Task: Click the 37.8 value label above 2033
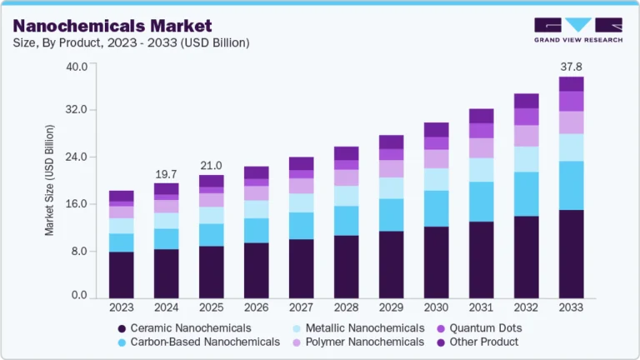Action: coord(571,66)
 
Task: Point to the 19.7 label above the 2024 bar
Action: coord(166,173)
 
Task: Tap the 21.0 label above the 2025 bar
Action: coord(212,165)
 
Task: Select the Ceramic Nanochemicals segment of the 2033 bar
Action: coord(571,253)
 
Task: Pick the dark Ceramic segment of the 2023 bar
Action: coord(122,274)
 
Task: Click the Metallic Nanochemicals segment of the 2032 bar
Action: coord(526,159)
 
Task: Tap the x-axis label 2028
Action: coord(346,308)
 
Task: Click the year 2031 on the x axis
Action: coord(481,308)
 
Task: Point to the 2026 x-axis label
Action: coord(256,308)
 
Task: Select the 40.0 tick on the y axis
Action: coord(77,67)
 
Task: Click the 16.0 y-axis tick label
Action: coord(77,204)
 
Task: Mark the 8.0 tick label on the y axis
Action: coord(80,250)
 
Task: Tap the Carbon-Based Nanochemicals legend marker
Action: coord(122,342)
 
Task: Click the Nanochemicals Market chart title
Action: coord(112,27)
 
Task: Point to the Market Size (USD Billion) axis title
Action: coord(50,180)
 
